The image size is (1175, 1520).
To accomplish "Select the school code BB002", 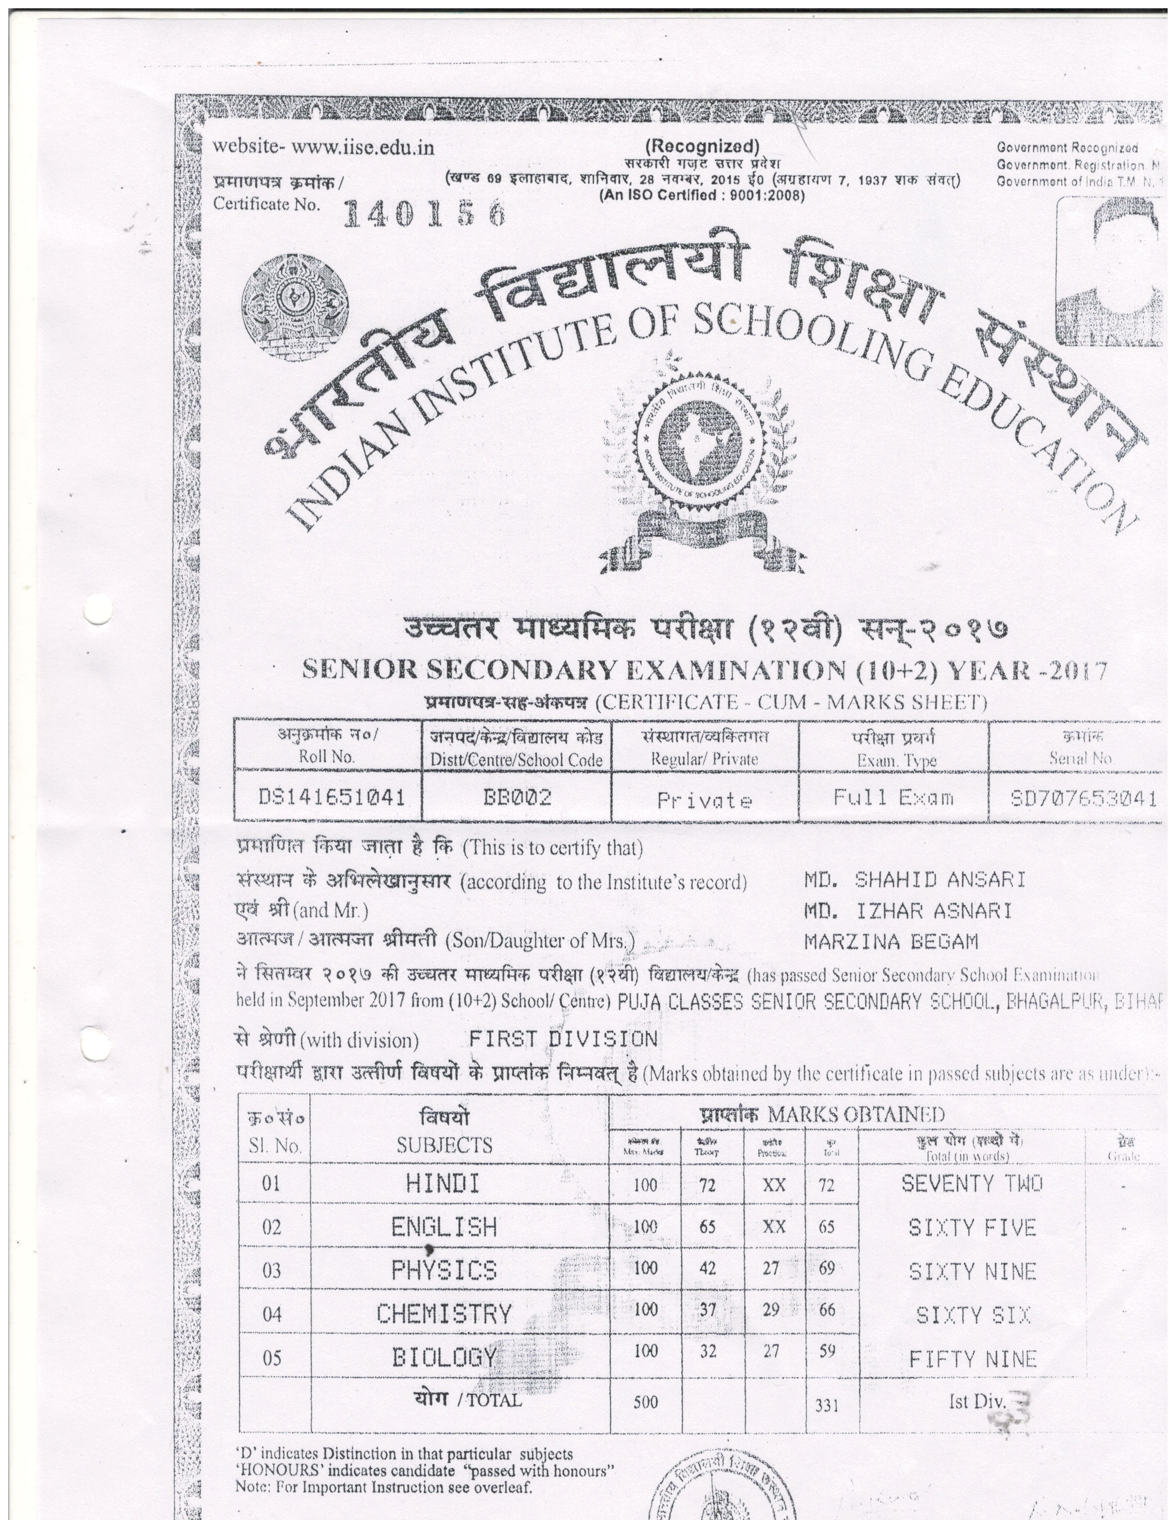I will pos(517,797).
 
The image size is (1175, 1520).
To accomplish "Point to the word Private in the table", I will pos(705,801).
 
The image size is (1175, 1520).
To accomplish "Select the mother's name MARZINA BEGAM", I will pos(891,941).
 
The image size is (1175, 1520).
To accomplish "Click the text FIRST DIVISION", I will pos(563,1039).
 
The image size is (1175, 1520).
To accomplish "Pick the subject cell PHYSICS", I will pos(444,1271).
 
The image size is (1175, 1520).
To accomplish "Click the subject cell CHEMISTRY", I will pos(444,1314).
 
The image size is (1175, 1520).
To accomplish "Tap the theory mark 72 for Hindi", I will pos(707,1185).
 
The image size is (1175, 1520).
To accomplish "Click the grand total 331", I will pos(826,1406).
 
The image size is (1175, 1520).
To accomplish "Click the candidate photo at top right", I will pos(1108,271).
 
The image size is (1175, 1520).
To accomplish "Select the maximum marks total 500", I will pos(645,1403).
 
